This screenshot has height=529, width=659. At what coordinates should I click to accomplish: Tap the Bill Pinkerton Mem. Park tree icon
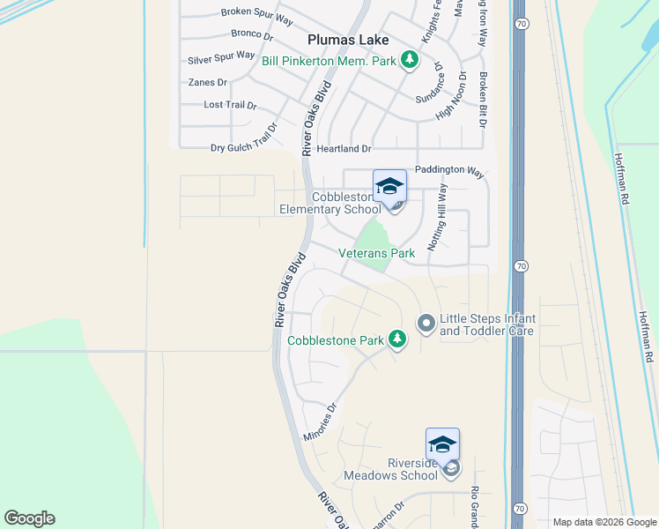click(409, 60)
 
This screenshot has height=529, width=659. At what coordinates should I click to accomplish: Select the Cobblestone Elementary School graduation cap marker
click(389, 186)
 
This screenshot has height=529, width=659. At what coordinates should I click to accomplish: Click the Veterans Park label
click(377, 253)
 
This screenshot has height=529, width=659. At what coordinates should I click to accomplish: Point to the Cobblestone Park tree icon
click(397, 339)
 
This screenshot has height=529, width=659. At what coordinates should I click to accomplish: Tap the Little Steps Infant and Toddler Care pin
click(426, 324)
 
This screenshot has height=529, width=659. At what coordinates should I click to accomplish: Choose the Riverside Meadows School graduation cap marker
click(442, 444)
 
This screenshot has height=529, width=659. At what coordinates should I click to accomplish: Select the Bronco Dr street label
click(253, 34)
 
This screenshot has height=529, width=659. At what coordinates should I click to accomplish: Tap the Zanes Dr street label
click(208, 82)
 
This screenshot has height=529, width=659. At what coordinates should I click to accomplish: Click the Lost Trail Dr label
click(230, 105)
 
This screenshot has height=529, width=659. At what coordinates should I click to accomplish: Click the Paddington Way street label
click(449, 172)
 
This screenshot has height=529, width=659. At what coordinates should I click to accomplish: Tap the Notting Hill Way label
click(438, 218)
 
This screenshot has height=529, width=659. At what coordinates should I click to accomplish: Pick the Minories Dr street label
click(321, 422)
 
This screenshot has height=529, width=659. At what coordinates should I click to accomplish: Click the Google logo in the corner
click(30, 518)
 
